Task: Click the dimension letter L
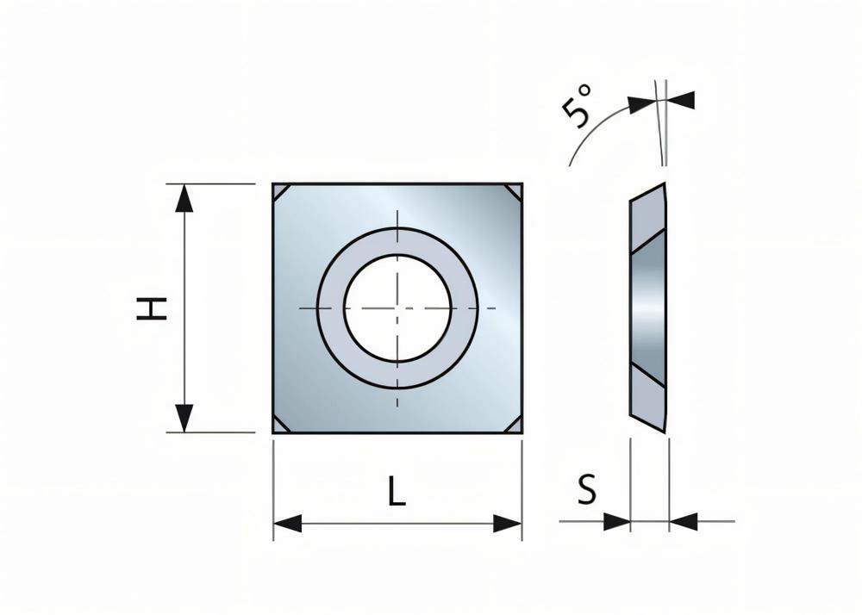(396, 492)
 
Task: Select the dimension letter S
(587, 491)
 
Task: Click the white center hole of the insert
(397, 307)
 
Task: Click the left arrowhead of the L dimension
(288, 522)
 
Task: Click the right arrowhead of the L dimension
(507, 522)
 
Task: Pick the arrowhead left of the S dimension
(616, 521)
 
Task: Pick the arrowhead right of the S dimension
(683, 521)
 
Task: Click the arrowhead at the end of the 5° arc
(640, 104)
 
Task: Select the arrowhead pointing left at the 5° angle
(681, 101)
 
